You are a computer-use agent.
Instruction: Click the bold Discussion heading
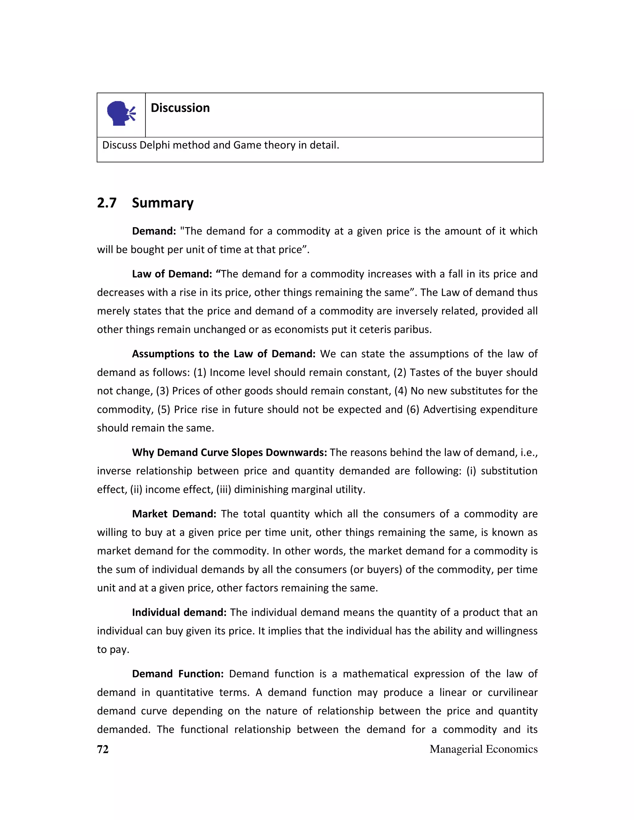(x=180, y=108)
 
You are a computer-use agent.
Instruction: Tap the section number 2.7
(x=107, y=203)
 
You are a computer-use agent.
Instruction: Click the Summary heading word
(x=163, y=203)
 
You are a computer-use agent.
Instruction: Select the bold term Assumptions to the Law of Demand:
(x=224, y=354)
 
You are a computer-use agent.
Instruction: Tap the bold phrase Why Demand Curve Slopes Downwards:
(x=229, y=452)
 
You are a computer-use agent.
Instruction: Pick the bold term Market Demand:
(x=174, y=514)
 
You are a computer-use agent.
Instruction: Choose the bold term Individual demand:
(x=179, y=612)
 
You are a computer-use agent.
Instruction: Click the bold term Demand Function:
(x=178, y=674)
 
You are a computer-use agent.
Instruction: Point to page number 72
(x=103, y=749)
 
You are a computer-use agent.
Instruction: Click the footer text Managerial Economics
(x=483, y=749)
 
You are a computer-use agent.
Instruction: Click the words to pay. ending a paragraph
(x=113, y=649)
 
